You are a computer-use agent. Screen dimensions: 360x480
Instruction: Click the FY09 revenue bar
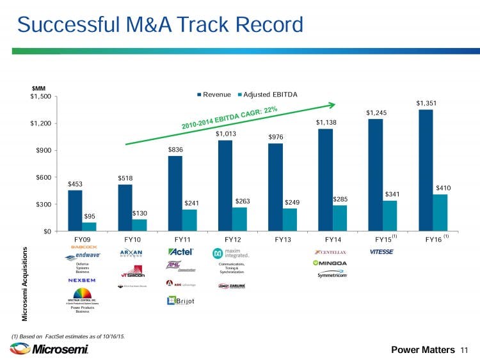click(75, 210)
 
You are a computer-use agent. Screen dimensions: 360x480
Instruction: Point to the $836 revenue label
click(175, 149)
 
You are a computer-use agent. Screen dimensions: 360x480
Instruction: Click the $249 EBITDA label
click(292, 203)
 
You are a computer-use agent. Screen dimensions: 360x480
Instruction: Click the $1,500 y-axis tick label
click(40, 97)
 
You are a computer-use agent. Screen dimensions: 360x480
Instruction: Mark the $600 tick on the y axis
click(44, 177)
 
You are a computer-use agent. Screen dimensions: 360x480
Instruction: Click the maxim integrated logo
click(233, 254)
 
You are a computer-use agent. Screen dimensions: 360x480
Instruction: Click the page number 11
click(465, 350)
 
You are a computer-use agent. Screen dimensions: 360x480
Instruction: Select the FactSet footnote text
click(68, 336)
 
